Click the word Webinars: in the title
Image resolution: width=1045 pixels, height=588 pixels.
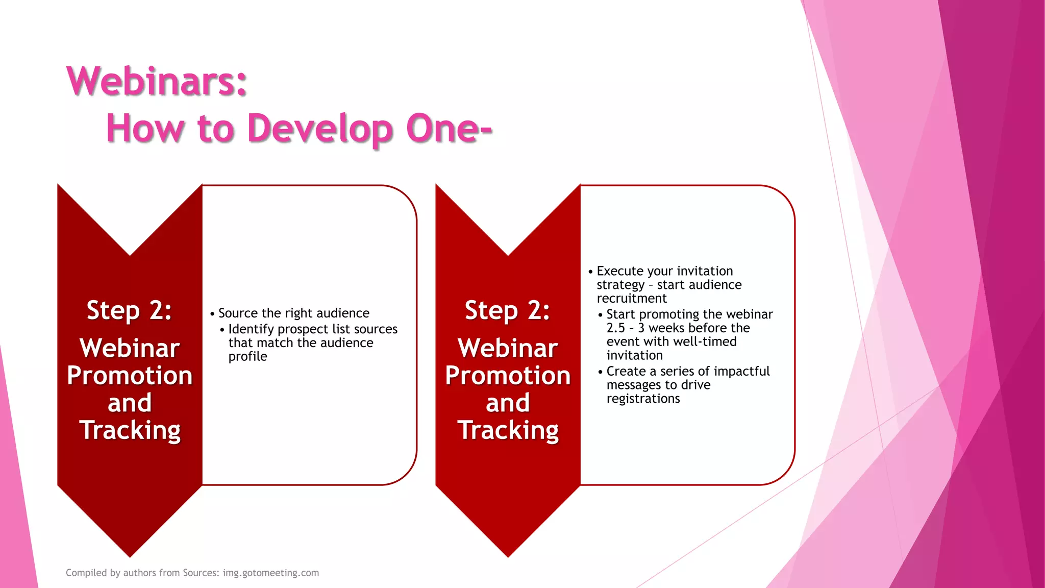(157, 81)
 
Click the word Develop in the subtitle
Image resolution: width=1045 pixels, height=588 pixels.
(320, 129)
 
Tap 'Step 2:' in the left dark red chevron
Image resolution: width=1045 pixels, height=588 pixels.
(129, 310)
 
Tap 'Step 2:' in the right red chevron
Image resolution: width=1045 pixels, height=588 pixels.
(507, 310)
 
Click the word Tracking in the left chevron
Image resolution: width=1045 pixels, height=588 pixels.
(130, 430)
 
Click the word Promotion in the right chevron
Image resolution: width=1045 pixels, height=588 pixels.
(507, 376)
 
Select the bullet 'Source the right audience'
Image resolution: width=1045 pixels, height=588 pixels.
(293, 313)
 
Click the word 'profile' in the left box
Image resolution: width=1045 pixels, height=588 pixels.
(247, 356)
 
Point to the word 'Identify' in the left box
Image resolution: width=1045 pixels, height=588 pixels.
(251, 329)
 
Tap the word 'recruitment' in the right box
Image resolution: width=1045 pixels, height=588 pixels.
(632, 299)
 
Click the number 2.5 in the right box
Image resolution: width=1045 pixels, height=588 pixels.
(615, 328)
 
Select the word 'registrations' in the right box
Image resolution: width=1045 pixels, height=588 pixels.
(643, 399)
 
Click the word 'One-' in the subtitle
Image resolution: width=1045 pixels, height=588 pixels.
(449, 129)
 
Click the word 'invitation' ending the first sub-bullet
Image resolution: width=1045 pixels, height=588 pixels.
(634, 355)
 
